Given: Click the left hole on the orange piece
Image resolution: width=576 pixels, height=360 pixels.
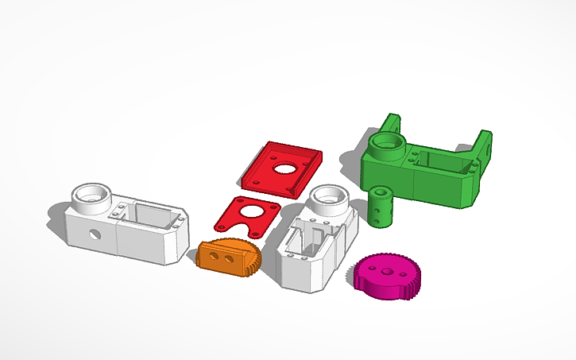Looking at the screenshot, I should tap(220, 259).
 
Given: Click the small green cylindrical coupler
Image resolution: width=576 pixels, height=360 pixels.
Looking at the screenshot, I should tap(380, 207).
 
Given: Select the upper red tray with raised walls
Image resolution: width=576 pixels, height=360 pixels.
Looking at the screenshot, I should tap(284, 168).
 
